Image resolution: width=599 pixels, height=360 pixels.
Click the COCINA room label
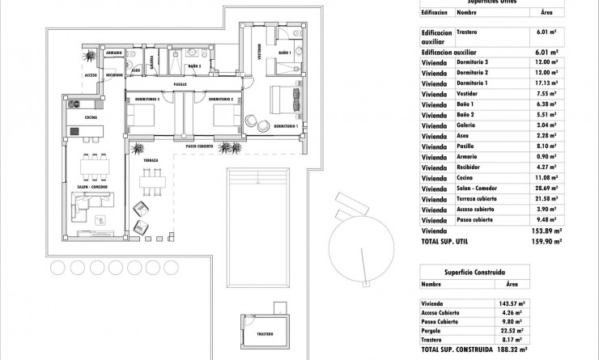click(79, 118)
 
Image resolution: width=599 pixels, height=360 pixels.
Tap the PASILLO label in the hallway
click(180, 84)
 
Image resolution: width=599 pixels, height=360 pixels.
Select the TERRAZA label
click(151, 160)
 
